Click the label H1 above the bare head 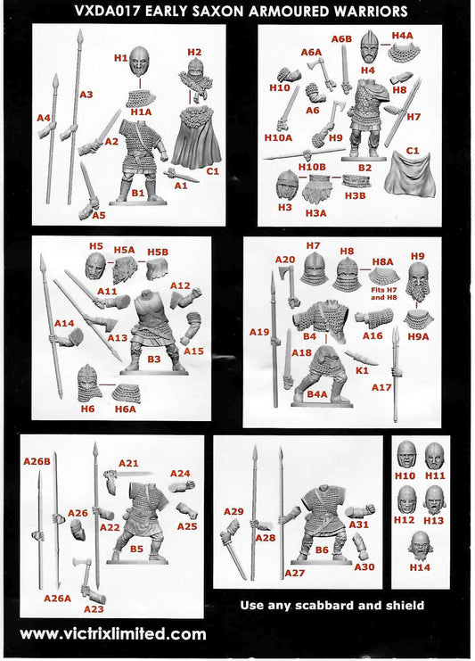(x=121, y=57)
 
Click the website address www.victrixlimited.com (x=112, y=634)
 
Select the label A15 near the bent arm (x=193, y=351)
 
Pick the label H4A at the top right (x=403, y=35)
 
